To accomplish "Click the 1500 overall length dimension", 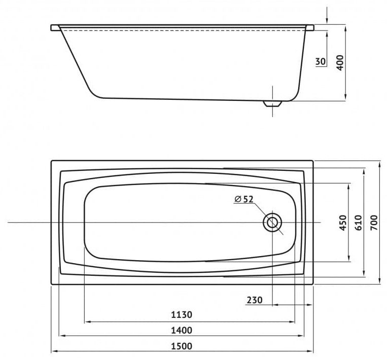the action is click(182, 346).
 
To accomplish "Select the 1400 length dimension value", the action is click(182, 330).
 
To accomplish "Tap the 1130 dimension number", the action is click(182, 314).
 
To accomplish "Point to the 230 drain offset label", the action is click(255, 300).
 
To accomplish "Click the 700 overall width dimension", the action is click(374, 223).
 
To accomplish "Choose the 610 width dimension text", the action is click(359, 223).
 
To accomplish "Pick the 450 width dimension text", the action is click(343, 223).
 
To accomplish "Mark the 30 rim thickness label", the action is click(321, 61).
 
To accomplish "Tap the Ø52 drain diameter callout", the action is click(244, 199).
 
